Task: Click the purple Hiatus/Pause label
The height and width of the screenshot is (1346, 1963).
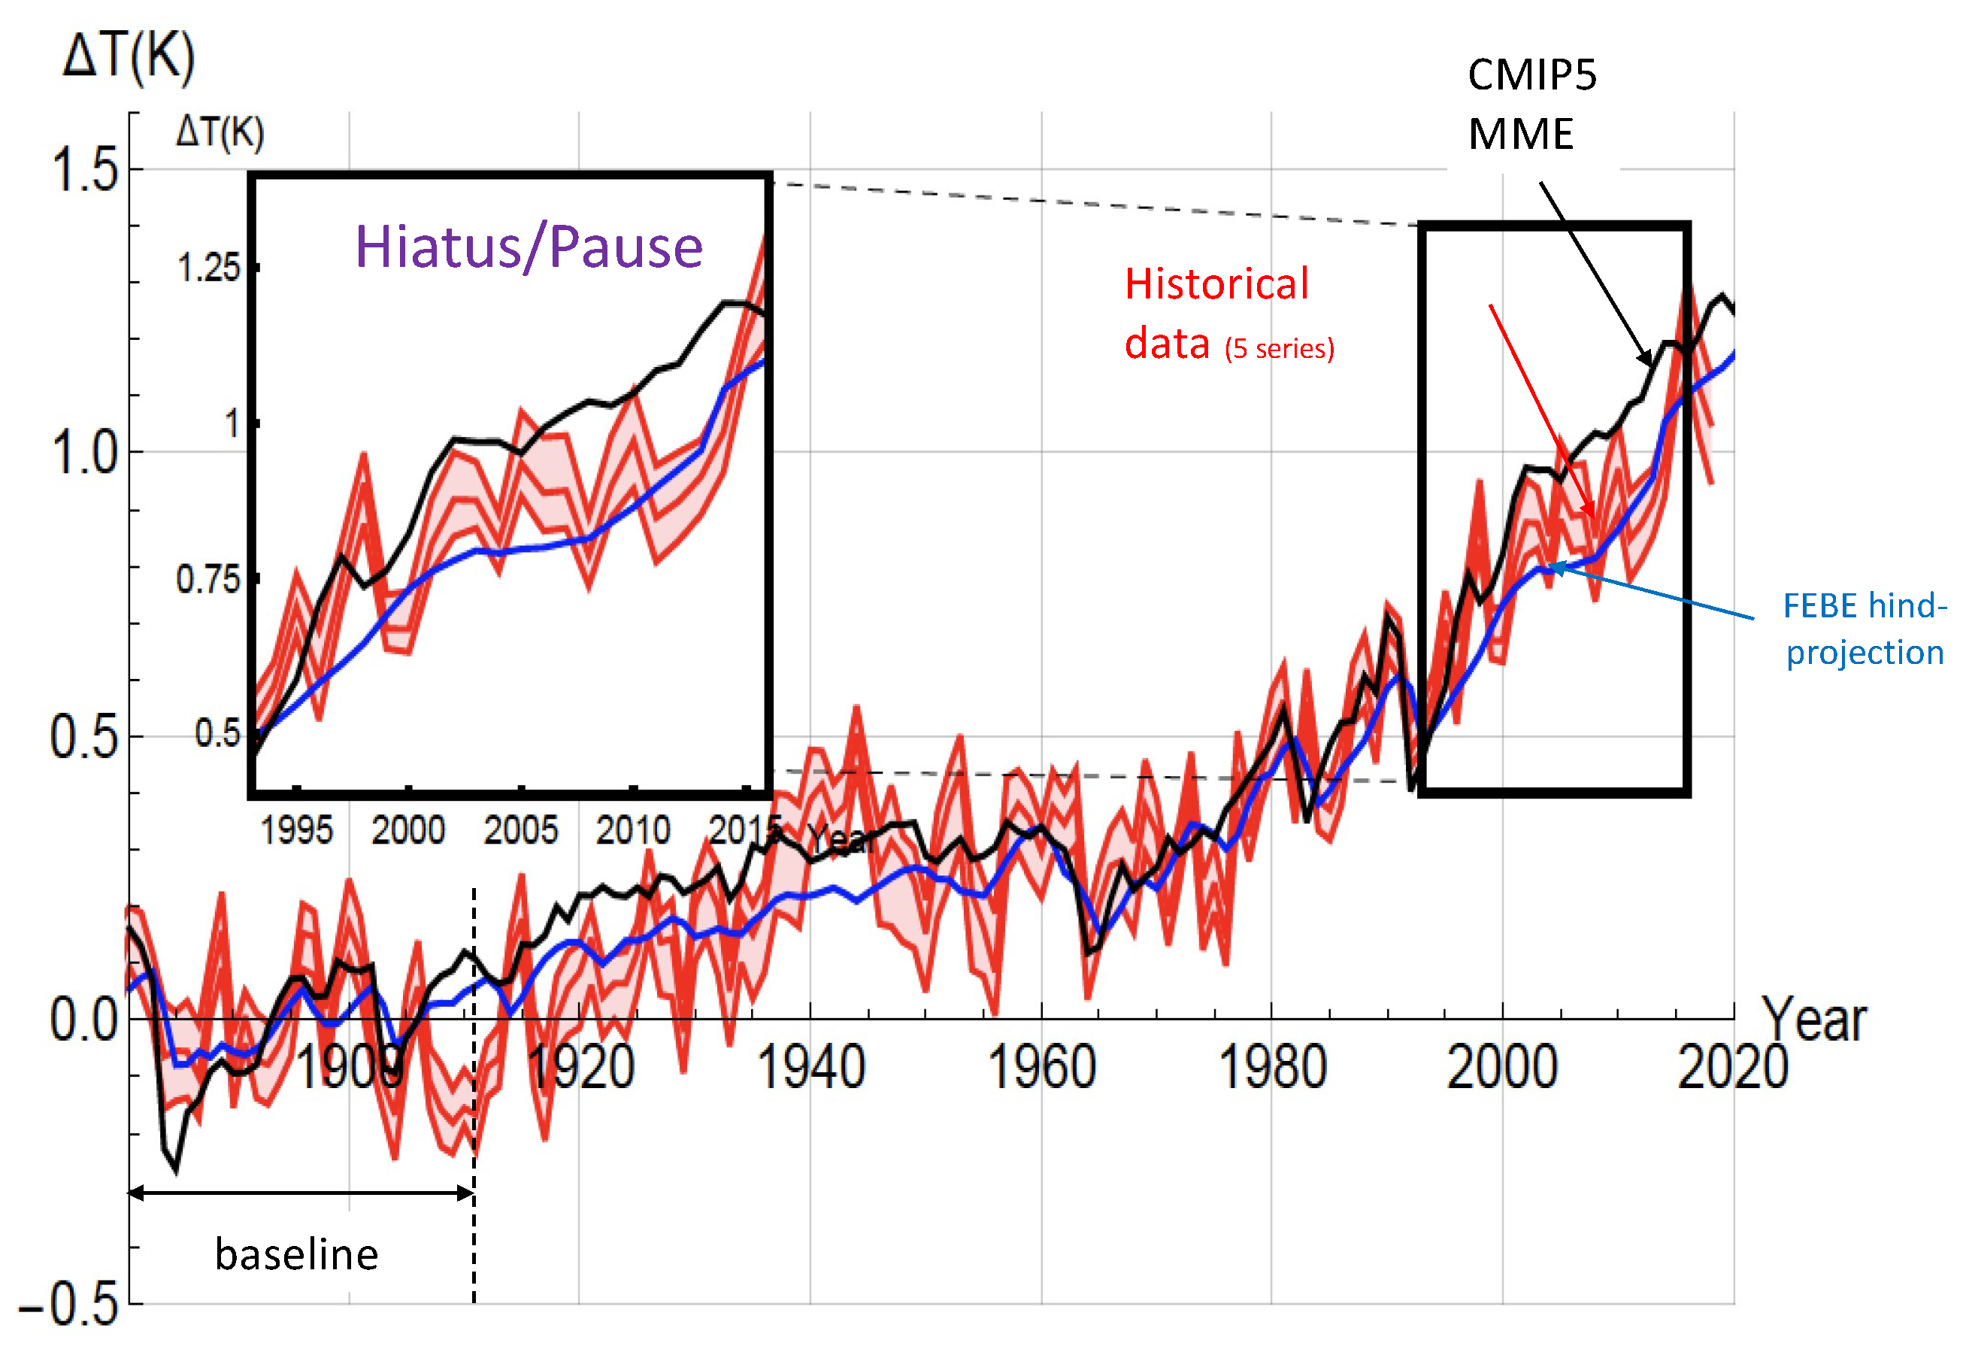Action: coord(529,247)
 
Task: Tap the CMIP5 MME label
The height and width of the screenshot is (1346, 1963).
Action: coord(1531,105)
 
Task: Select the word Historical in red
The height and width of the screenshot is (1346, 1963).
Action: coord(1216,284)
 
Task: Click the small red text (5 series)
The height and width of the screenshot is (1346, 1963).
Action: coord(1280,349)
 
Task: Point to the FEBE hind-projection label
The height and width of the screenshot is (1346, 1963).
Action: coord(1865,629)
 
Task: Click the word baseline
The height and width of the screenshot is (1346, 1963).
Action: coord(296,1254)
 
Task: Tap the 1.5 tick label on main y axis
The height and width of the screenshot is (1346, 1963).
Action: coord(84,171)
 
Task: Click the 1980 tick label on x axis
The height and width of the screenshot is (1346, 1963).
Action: coord(1272,1068)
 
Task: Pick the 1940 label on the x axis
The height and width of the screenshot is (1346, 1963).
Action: coord(810,1068)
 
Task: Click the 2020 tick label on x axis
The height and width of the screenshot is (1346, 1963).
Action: coord(1731,1068)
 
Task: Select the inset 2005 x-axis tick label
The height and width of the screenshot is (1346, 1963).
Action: coord(520,831)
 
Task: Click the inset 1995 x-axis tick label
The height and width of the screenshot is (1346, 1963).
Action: coord(296,831)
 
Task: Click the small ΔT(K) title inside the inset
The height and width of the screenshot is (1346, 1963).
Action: coord(220,132)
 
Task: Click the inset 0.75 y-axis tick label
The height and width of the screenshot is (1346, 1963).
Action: coord(208,580)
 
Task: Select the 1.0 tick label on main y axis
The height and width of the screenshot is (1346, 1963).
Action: coord(84,453)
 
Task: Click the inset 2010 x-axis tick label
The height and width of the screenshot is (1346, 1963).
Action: coord(632,831)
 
